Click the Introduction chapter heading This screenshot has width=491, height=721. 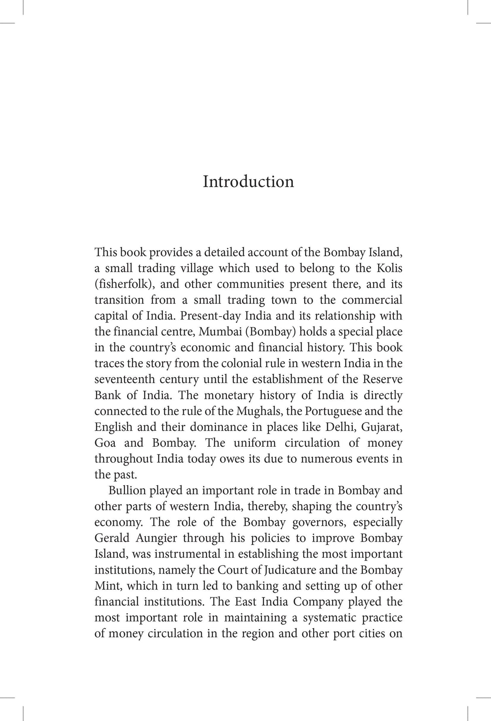tap(248, 182)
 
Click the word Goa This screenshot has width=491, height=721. tap(105, 443)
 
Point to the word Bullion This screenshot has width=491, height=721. tap(127, 490)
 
